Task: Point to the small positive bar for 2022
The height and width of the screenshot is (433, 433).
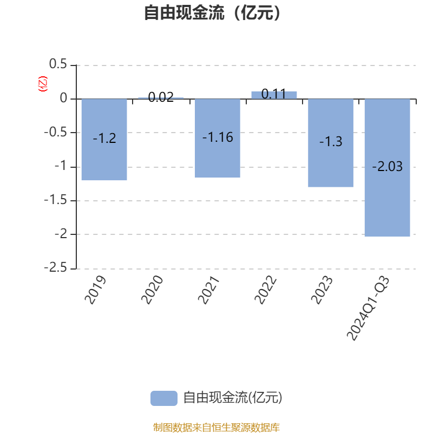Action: coord(274,95)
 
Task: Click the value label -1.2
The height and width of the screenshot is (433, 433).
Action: coord(104,139)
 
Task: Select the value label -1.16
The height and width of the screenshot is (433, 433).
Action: coord(218,137)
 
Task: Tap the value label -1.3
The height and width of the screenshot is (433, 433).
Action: coord(331,142)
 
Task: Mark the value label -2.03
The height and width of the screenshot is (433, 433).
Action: coord(387,167)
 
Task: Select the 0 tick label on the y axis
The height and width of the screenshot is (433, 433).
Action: coord(64,99)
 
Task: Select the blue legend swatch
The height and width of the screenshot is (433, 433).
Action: coord(163,398)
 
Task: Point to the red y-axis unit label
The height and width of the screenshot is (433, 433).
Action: coord(42,84)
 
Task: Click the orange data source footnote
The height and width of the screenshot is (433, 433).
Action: coord(216,428)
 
